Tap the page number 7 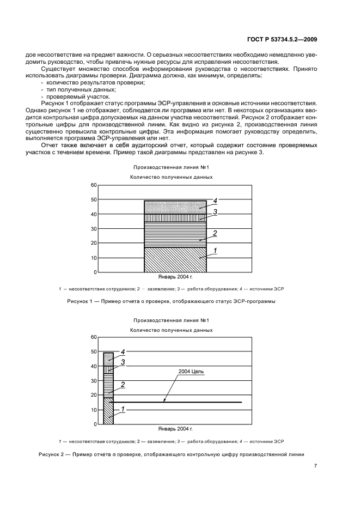[315, 466]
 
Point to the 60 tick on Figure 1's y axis [93, 185]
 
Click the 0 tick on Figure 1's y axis [95, 272]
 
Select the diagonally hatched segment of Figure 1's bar [175, 259]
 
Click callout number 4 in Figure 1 [215, 201]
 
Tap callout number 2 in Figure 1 [215, 233]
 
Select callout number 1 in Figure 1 [215, 251]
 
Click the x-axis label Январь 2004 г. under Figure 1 [175, 277]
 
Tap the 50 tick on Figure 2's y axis [93, 352]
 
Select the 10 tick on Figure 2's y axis [93, 410]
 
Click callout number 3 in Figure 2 [123, 362]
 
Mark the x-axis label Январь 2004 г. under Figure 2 [175, 429]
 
